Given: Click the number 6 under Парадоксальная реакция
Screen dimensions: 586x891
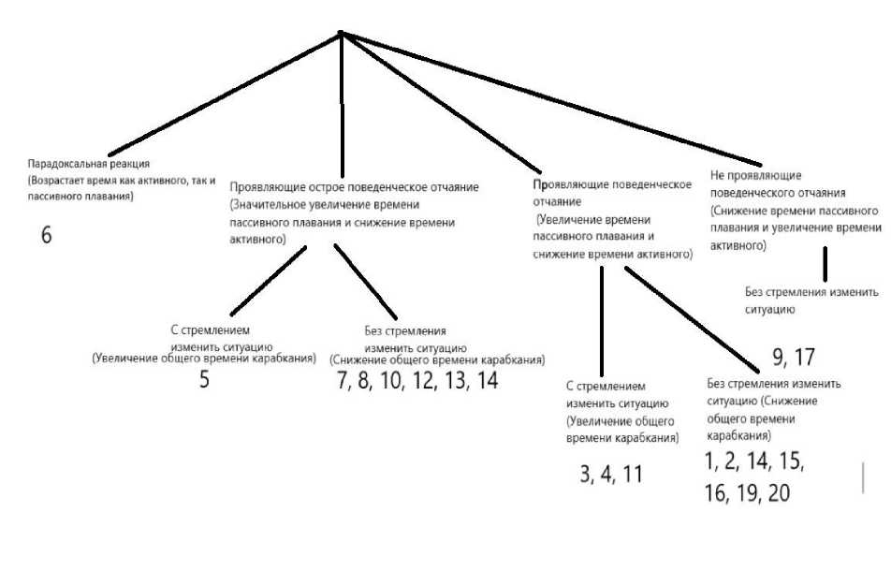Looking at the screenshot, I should tap(46, 235).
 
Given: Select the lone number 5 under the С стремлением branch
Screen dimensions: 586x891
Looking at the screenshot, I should tap(204, 380).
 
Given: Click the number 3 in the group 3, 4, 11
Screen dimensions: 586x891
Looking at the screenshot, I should tap(585, 474).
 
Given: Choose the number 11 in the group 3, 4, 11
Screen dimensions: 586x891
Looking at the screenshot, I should tap(633, 474).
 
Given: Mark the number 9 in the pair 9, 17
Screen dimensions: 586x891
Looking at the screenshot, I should tap(778, 357).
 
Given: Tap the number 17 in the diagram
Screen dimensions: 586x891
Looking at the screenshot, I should tap(805, 357).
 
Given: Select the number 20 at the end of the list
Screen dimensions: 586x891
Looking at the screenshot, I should tap(779, 493).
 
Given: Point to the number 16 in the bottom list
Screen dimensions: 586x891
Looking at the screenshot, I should tap(714, 493).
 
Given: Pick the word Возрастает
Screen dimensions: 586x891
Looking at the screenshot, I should tap(60, 179).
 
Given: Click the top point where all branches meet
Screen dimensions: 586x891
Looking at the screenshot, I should tap(341, 35).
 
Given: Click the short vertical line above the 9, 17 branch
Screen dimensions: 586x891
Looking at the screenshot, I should tap(825, 264).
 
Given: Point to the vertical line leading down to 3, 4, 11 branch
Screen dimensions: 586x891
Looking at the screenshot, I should tap(602, 318).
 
